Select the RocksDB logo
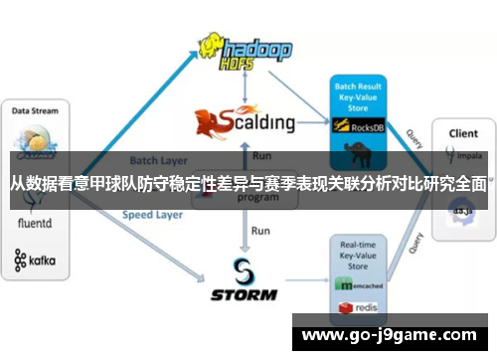[359, 126]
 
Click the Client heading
[462, 132]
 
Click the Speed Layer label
[153, 214]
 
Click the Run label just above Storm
[260, 231]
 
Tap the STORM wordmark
[245, 293]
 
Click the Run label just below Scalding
[262, 156]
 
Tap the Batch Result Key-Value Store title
[357, 96]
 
